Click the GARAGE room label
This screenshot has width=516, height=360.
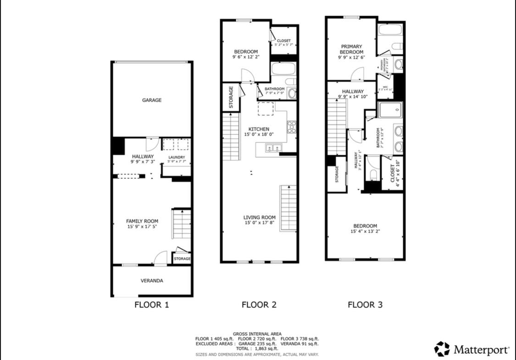[151, 100]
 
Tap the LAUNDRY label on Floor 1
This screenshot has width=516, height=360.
[177, 157]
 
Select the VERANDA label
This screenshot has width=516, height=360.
[151, 281]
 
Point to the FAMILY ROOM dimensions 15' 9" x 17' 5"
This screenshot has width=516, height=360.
[142, 227]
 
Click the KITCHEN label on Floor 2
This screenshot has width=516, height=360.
[259, 129]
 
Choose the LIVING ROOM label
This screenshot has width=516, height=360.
[259, 217]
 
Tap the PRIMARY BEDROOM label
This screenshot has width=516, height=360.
[352, 49]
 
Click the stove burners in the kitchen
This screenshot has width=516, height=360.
[291, 126]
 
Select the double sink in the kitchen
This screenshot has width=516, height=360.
[274, 148]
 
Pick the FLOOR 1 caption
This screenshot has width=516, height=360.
[151, 305]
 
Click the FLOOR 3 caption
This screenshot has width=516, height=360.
[365, 305]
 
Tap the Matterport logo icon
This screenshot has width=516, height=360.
[442, 349]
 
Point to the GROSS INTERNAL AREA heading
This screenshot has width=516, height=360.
[257, 334]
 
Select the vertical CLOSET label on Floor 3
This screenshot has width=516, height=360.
[393, 173]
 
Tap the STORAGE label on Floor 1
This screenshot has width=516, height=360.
[182, 259]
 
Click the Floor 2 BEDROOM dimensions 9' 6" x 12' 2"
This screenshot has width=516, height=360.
[245, 57]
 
